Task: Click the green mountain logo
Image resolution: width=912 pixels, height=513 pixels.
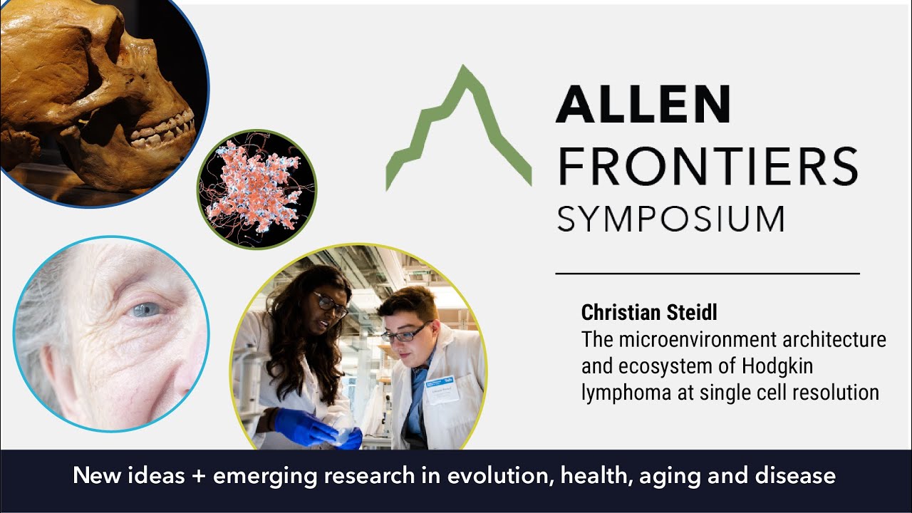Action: pyautogui.click(x=459, y=128)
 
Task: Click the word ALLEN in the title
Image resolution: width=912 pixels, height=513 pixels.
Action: pyautogui.click(x=643, y=104)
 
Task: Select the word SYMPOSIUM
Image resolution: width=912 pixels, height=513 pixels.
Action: pyautogui.click(x=670, y=219)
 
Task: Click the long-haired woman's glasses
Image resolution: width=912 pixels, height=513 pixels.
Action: pyautogui.click(x=331, y=304)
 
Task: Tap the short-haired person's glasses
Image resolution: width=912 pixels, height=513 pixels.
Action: pyautogui.click(x=405, y=333)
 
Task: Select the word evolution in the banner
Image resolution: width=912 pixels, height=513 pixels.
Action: pyautogui.click(x=492, y=476)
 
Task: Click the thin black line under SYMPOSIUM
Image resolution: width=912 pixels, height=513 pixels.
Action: pyautogui.click(x=707, y=273)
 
